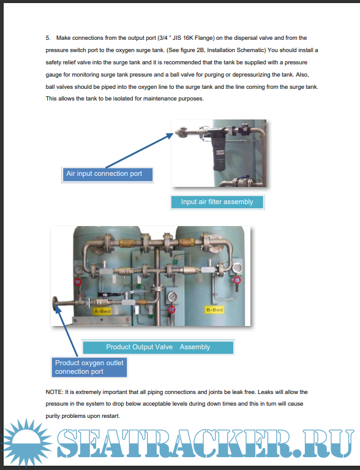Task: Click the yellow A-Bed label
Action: [102, 311]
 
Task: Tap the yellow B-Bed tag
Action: [214, 309]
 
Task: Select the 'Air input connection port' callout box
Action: [108, 175]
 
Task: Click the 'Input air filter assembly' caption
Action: [217, 202]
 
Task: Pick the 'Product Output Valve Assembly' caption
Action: [158, 347]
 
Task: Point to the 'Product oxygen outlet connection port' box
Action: [89, 367]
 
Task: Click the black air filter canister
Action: [219, 151]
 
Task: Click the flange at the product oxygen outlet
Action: [55, 304]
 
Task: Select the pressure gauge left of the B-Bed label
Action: [172, 297]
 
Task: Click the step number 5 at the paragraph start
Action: [48, 38]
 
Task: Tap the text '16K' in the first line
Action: [188, 38]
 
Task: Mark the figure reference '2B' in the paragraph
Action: [200, 50]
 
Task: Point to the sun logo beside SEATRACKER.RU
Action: [26, 443]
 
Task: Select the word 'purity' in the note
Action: [53, 416]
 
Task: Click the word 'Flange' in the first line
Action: [204, 38]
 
